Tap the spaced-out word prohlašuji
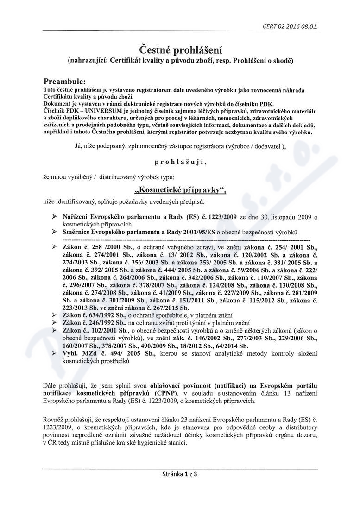[178, 163]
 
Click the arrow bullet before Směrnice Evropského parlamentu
[54, 231]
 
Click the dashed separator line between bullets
[185, 239]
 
